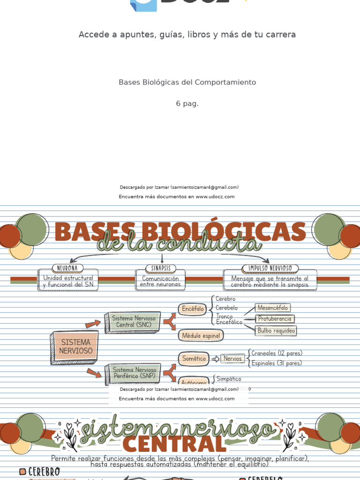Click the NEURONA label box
(x=68, y=268)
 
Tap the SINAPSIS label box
(x=161, y=268)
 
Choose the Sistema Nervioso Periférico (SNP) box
(x=135, y=373)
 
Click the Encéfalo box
(x=193, y=309)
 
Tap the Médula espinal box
(x=201, y=336)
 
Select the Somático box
(x=194, y=359)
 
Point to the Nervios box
(x=232, y=359)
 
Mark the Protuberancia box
(x=275, y=319)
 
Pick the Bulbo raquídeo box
(x=276, y=330)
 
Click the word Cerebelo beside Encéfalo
(x=226, y=308)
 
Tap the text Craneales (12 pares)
(x=277, y=353)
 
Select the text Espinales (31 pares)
(x=277, y=363)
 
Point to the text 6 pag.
(x=187, y=104)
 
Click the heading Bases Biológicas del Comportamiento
(x=187, y=82)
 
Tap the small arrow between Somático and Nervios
(x=215, y=359)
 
